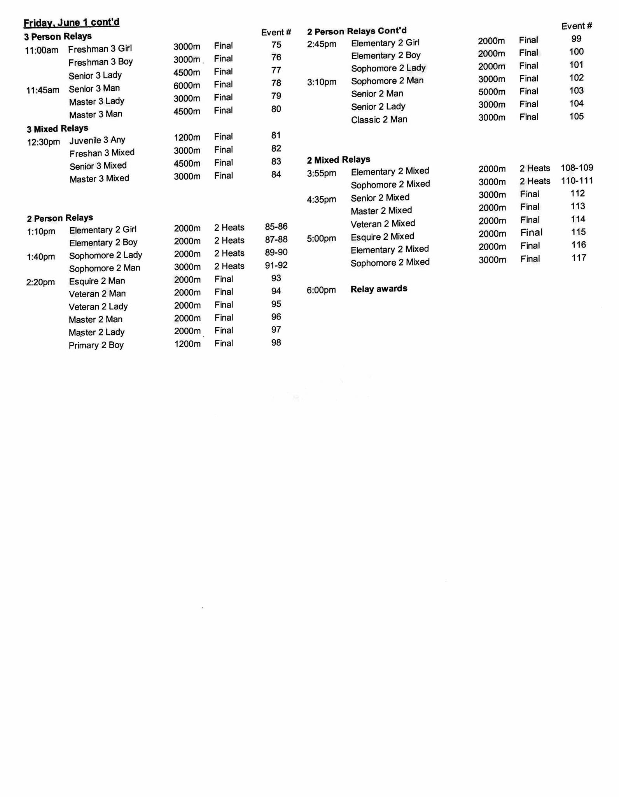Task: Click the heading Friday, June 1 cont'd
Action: tap(72, 23)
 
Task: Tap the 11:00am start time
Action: tap(42, 50)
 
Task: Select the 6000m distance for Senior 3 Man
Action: tap(187, 85)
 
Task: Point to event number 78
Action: tap(276, 83)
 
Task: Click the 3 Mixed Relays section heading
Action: tap(58, 128)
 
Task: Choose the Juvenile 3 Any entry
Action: tap(97, 140)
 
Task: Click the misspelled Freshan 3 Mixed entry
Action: tap(102, 153)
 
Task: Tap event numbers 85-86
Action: tap(276, 227)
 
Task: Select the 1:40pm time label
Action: tap(41, 257)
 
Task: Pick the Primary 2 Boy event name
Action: tap(96, 345)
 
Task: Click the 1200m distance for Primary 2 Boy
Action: tap(187, 344)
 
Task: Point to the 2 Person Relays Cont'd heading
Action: tap(357, 31)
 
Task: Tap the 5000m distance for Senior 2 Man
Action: tap(492, 92)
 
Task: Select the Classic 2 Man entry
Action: tap(379, 119)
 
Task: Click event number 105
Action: tap(576, 117)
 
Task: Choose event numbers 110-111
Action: tap(577, 181)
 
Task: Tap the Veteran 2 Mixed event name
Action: tap(383, 224)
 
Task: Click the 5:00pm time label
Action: tap(321, 238)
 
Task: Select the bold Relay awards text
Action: tap(379, 289)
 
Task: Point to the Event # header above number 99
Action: tap(577, 26)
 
